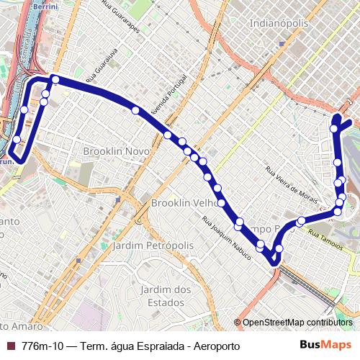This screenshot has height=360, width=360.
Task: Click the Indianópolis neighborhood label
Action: [x=279, y=24]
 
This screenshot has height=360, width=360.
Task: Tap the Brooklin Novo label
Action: [x=116, y=152]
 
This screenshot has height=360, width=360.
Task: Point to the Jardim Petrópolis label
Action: [x=153, y=246]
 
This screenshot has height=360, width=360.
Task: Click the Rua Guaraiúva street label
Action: [x=102, y=67]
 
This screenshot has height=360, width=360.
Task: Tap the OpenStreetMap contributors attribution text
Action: [x=297, y=323]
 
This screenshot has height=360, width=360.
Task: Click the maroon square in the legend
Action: [x=10, y=346]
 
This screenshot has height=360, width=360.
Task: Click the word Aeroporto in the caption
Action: [x=215, y=346]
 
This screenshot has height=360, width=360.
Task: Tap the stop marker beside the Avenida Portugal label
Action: [x=136, y=110]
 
